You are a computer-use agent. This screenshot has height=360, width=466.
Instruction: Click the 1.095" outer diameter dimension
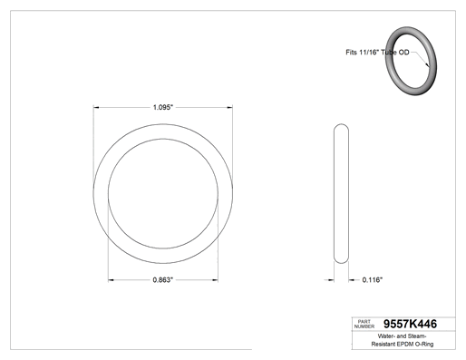tap(163, 107)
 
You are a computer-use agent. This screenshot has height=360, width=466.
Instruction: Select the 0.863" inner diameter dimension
tap(163, 280)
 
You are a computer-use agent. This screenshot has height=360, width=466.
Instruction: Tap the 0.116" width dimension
tap(373, 280)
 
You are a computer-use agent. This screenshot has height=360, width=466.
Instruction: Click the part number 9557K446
tap(410, 324)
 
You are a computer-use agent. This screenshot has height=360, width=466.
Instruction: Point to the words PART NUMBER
tap(364, 324)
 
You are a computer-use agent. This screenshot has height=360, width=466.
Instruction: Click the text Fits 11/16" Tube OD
tap(377, 53)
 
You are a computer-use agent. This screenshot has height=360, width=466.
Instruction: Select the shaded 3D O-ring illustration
tap(411, 61)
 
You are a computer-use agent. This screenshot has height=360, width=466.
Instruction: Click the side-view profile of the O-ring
tap(341, 193)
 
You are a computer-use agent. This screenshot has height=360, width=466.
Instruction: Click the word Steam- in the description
tap(417, 336)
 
